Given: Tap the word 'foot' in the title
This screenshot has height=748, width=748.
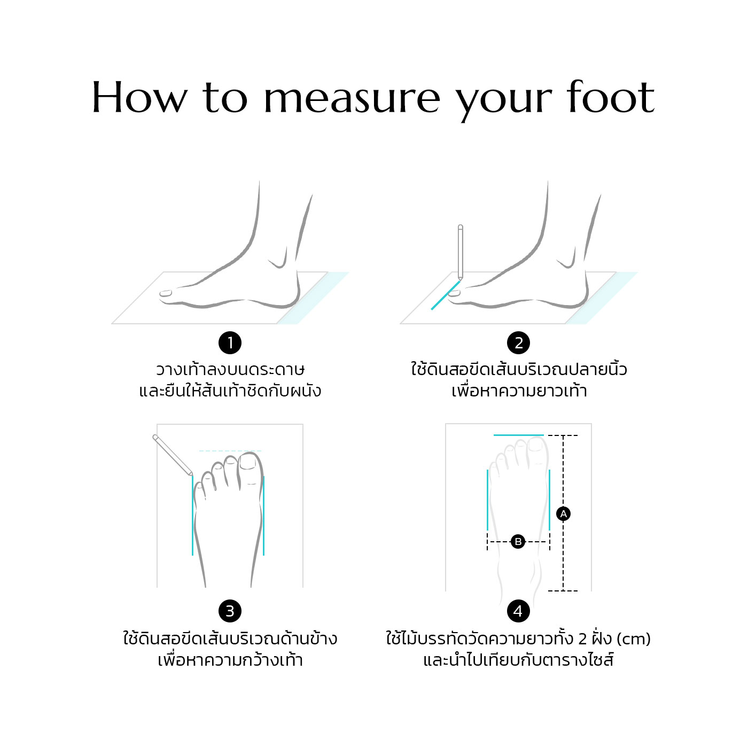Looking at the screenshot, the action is click(611, 97).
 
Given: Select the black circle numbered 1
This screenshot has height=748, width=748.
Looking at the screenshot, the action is click(230, 343).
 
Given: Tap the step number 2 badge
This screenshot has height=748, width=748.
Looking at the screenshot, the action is click(518, 343).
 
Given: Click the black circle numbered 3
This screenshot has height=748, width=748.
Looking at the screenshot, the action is click(230, 611).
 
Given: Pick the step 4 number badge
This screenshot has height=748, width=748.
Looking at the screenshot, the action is click(518, 611).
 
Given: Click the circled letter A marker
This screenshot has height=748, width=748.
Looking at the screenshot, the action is click(563, 513).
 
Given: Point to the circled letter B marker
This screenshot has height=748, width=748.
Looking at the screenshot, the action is click(518, 541).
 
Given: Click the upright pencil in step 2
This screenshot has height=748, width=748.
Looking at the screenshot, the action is click(461, 252).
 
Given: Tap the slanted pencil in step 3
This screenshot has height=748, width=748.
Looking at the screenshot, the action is click(173, 455).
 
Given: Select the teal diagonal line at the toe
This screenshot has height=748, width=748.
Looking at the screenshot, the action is click(446, 295).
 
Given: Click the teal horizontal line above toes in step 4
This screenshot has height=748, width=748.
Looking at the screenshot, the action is click(518, 435).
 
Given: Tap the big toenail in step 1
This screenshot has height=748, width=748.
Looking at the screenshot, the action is click(166, 293).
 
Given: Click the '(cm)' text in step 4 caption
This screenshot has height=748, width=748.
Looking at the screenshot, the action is click(633, 639).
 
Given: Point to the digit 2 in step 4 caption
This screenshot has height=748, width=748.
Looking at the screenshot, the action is click(582, 639).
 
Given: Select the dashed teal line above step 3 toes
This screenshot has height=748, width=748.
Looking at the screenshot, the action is click(230, 451).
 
